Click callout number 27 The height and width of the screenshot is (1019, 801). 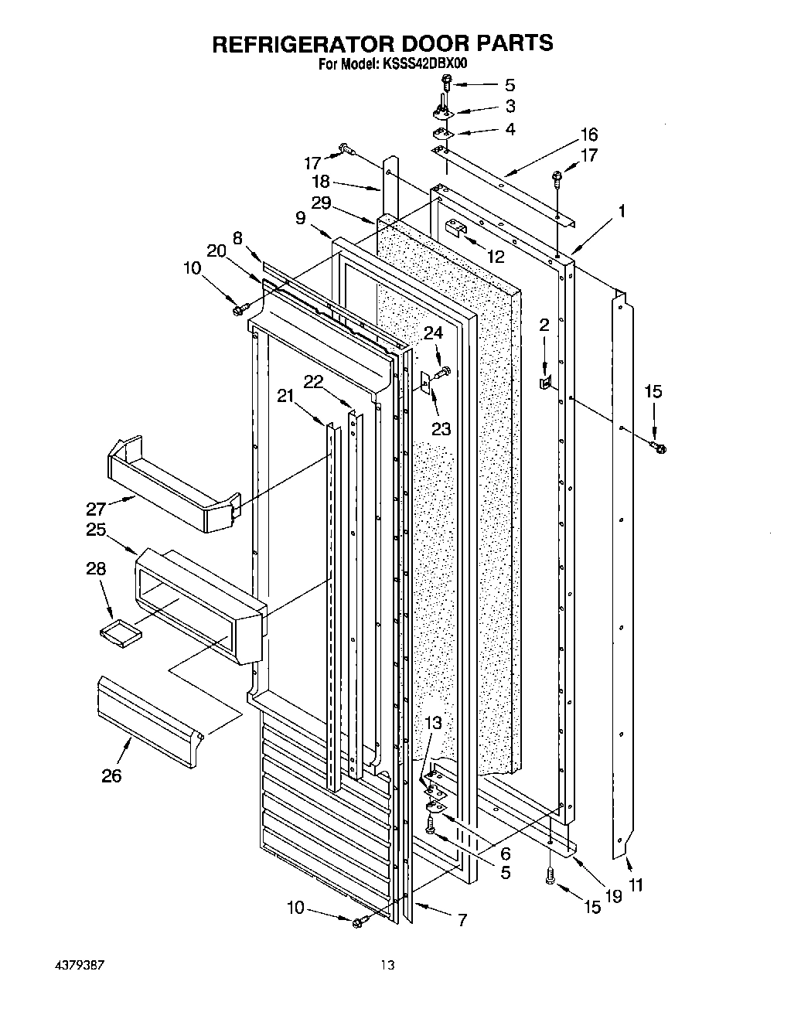(x=97, y=509)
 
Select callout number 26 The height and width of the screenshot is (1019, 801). (x=111, y=775)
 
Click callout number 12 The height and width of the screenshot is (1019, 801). (x=495, y=256)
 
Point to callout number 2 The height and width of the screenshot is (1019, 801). (x=544, y=325)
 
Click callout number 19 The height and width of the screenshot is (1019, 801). (x=613, y=897)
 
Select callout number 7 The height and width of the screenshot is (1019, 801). (x=462, y=920)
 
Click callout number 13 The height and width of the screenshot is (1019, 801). (x=434, y=723)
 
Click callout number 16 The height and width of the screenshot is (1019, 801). (x=588, y=135)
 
